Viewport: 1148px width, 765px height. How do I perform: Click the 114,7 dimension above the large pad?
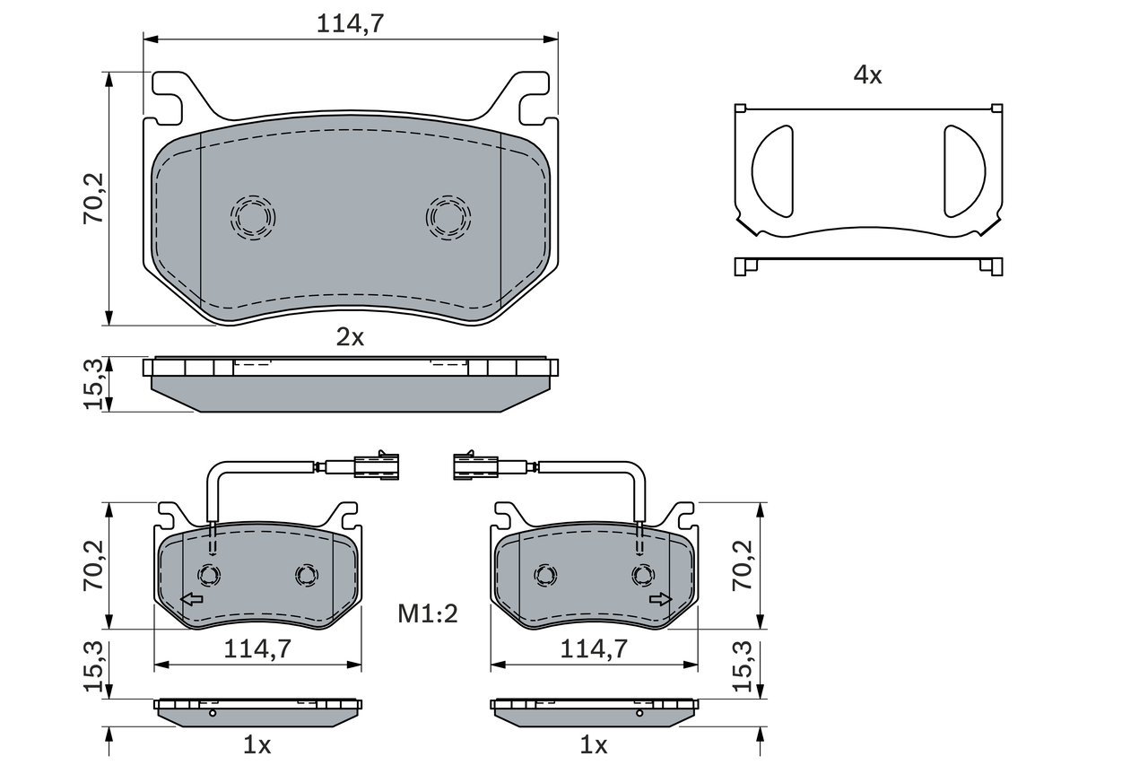(x=350, y=23)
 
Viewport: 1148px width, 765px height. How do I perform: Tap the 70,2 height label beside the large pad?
(x=94, y=198)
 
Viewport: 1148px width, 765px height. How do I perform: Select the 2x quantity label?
(x=350, y=337)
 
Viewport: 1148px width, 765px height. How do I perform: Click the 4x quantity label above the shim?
(x=867, y=75)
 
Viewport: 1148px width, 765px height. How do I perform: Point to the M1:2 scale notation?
(x=428, y=613)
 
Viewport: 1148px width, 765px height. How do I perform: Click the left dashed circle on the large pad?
(x=253, y=218)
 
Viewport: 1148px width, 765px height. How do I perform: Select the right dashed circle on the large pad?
(x=448, y=218)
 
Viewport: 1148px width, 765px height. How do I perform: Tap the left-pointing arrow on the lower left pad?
(x=192, y=599)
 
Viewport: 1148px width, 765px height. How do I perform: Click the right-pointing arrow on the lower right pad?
(x=661, y=599)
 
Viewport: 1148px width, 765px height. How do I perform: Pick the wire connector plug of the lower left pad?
(x=377, y=465)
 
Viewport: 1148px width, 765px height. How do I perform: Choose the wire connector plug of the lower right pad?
(x=475, y=465)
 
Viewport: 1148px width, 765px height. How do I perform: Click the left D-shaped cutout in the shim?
(x=772, y=171)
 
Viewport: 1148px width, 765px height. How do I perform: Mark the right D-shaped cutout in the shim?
(x=965, y=171)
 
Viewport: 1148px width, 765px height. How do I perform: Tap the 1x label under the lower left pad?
(x=257, y=745)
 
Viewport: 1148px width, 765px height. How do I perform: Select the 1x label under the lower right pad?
(x=594, y=745)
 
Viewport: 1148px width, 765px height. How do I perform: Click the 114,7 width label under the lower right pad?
(x=594, y=649)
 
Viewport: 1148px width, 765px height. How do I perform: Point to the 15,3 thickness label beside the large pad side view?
(x=94, y=384)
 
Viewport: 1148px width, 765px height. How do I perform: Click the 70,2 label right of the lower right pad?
(x=744, y=565)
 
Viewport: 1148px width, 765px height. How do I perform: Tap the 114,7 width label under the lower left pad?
(x=257, y=649)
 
